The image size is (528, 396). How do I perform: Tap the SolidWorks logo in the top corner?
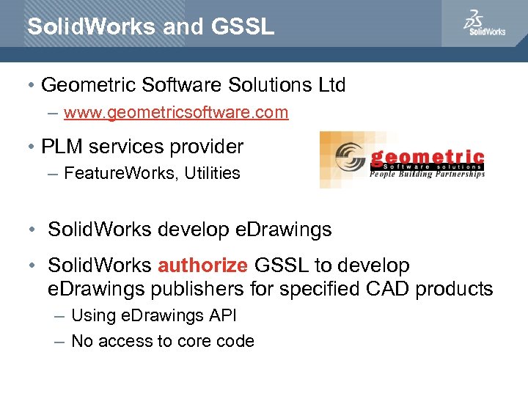pos(484,23)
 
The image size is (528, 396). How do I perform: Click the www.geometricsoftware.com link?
pos(176,113)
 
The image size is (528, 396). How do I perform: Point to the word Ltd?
pos(331,85)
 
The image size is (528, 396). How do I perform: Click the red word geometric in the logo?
pos(427,157)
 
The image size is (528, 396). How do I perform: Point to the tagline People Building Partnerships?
pos(427,175)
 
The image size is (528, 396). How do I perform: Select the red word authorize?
pos(202,265)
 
